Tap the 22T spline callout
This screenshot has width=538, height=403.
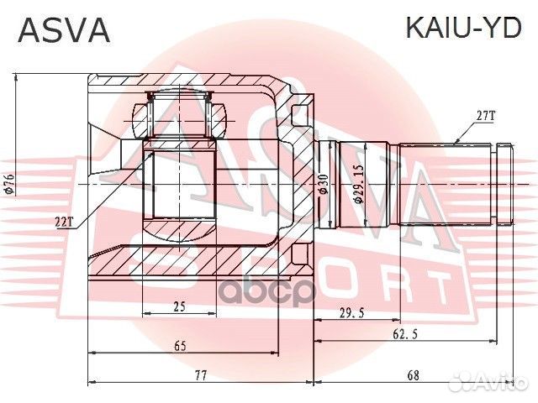point(65,221)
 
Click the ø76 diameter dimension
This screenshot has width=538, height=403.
point(9,183)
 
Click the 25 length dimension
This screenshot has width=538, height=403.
point(178,307)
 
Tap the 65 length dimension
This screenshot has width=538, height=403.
point(180,344)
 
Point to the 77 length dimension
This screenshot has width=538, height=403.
point(199,375)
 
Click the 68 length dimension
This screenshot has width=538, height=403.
point(413,375)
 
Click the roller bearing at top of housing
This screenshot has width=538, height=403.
point(182,115)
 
